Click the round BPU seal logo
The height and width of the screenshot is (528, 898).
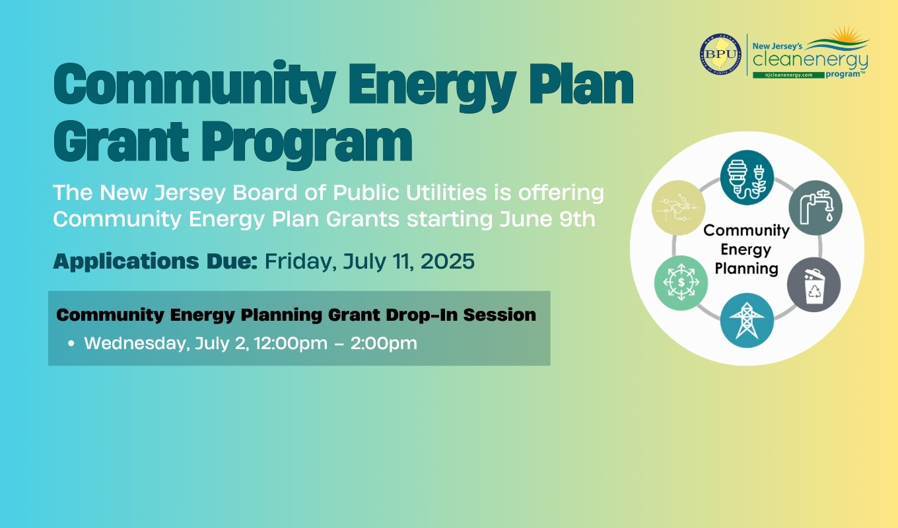point(720,54)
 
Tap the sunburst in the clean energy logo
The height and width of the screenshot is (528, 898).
point(845,34)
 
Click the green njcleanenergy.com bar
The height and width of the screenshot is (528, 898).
point(788,75)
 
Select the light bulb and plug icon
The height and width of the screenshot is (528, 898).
point(747,178)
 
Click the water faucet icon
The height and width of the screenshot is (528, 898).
point(815,207)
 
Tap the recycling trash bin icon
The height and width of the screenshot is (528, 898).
point(813,284)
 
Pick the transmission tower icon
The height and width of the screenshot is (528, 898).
point(747,321)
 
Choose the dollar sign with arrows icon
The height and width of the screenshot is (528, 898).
point(681,282)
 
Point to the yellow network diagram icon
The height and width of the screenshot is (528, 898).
point(679,207)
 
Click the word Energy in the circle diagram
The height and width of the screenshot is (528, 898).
point(746,249)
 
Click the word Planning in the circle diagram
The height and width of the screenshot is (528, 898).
point(746,269)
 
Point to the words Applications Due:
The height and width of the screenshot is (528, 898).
point(156,261)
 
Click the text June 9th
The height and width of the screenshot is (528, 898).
point(547,219)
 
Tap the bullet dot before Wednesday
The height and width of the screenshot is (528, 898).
point(71,343)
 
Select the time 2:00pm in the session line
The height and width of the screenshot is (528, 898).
point(384,343)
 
